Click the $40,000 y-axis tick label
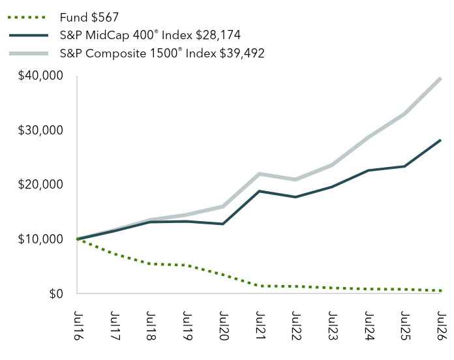pyautogui.click(x=40, y=76)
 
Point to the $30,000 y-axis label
pyautogui.click(x=40, y=130)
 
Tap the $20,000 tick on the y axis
pyautogui.click(x=40, y=185)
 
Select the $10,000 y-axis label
pyautogui.click(x=40, y=239)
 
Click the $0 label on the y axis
pyautogui.click(x=56, y=293)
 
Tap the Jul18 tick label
pyautogui.click(x=151, y=325)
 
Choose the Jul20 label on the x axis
pyautogui.click(x=224, y=325)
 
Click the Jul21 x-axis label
pyautogui.click(x=260, y=325)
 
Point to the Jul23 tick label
pyautogui.click(x=333, y=325)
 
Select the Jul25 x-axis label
pyautogui.click(x=405, y=325)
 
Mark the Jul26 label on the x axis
pyautogui.click(x=442, y=325)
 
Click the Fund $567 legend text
pyautogui.click(x=89, y=18)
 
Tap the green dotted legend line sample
pyautogui.click(x=27, y=18)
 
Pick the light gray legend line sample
pyautogui.click(x=29, y=53)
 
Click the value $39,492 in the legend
pyautogui.click(x=242, y=53)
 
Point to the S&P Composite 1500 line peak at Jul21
pyautogui.click(x=259, y=174)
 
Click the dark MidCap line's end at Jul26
pyautogui.click(x=440, y=140)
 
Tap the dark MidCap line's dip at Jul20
pyautogui.click(x=223, y=224)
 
